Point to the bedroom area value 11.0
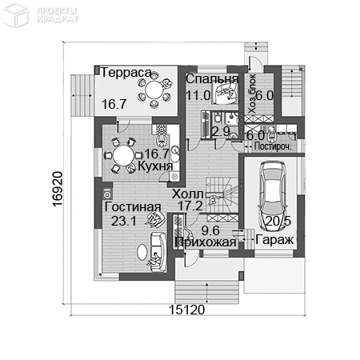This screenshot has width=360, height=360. pos(197,95)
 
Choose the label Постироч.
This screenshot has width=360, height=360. pos(272,146)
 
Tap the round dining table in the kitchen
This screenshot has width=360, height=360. pos(123,154)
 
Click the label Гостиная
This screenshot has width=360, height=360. pos(132,207)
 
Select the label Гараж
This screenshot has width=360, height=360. pos(274,239)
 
